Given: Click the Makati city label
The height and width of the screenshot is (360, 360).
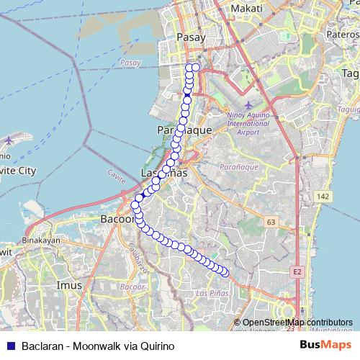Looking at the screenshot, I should (x=246, y=7).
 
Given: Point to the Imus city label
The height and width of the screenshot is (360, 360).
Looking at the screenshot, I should (x=69, y=286).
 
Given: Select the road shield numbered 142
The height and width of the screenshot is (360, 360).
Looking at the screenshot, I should (x=323, y=196).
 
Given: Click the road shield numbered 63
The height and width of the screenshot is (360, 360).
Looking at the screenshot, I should (x=271, y=223).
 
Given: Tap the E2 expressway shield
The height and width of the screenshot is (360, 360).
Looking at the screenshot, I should (x=297, y=271).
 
